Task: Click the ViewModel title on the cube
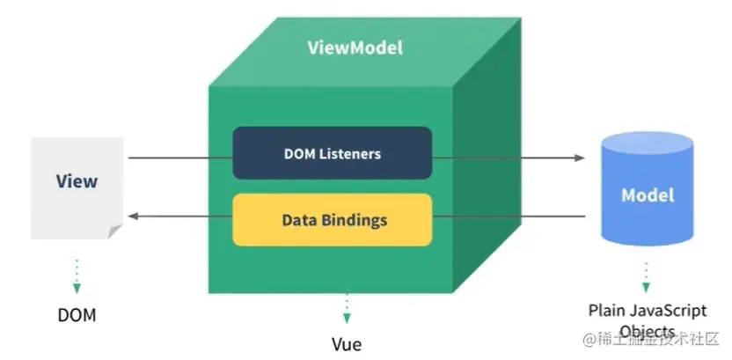tap(355, 48)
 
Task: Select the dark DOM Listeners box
tap(332, 153)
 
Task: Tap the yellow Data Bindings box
tap(332, 219)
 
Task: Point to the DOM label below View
tap(77, 314)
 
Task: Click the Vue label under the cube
tap(347, 344)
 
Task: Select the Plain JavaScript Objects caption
tap(647, 320)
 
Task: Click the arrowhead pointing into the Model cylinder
tap(580, 158)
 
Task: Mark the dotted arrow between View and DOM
tap(77, 275)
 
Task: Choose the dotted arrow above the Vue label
tap(347, 308)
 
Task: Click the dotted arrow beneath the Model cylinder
tap(647, 276)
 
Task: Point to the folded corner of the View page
tap(115, 231)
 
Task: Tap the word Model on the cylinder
tap(648, 195)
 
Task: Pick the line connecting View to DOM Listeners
tap(180, 158)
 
